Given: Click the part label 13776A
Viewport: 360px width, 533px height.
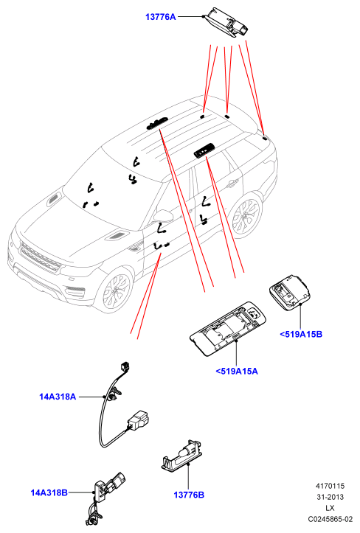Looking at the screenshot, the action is pyautogui.click(x=161, y=17).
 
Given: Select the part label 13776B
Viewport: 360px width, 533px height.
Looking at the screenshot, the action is pyautogui.click(x=189, y=495).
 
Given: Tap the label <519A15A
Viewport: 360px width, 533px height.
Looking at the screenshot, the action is pyautogui.click(x=237, y=372).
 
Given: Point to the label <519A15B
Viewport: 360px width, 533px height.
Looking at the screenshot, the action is pyautogui.click(x=301, y=334).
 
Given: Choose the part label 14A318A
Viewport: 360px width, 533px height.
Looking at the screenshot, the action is pyautogui.click(x=58, y=397).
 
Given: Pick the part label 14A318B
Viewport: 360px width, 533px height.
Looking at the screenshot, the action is pyautogui.click(x=49, y=492).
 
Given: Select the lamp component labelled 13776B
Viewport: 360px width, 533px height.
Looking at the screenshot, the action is pyautogui.click(x=182, y=456).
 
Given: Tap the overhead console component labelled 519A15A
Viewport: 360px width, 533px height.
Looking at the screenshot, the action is pyautogui.click(x=228, y=328).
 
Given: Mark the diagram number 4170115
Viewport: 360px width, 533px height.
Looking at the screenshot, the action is pyautogui.click(x=330, y=486).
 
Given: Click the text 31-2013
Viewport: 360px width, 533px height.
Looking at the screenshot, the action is pyautogui.click(x=330, y=497).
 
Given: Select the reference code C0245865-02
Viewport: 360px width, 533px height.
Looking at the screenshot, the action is pyautogui.click(x=330, y=519).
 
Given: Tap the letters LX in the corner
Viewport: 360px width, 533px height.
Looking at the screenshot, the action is pyautogui.click(x=330, y=508).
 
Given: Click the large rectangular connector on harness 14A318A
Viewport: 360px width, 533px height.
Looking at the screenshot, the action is pyautogui.click(x=139, y=420).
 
